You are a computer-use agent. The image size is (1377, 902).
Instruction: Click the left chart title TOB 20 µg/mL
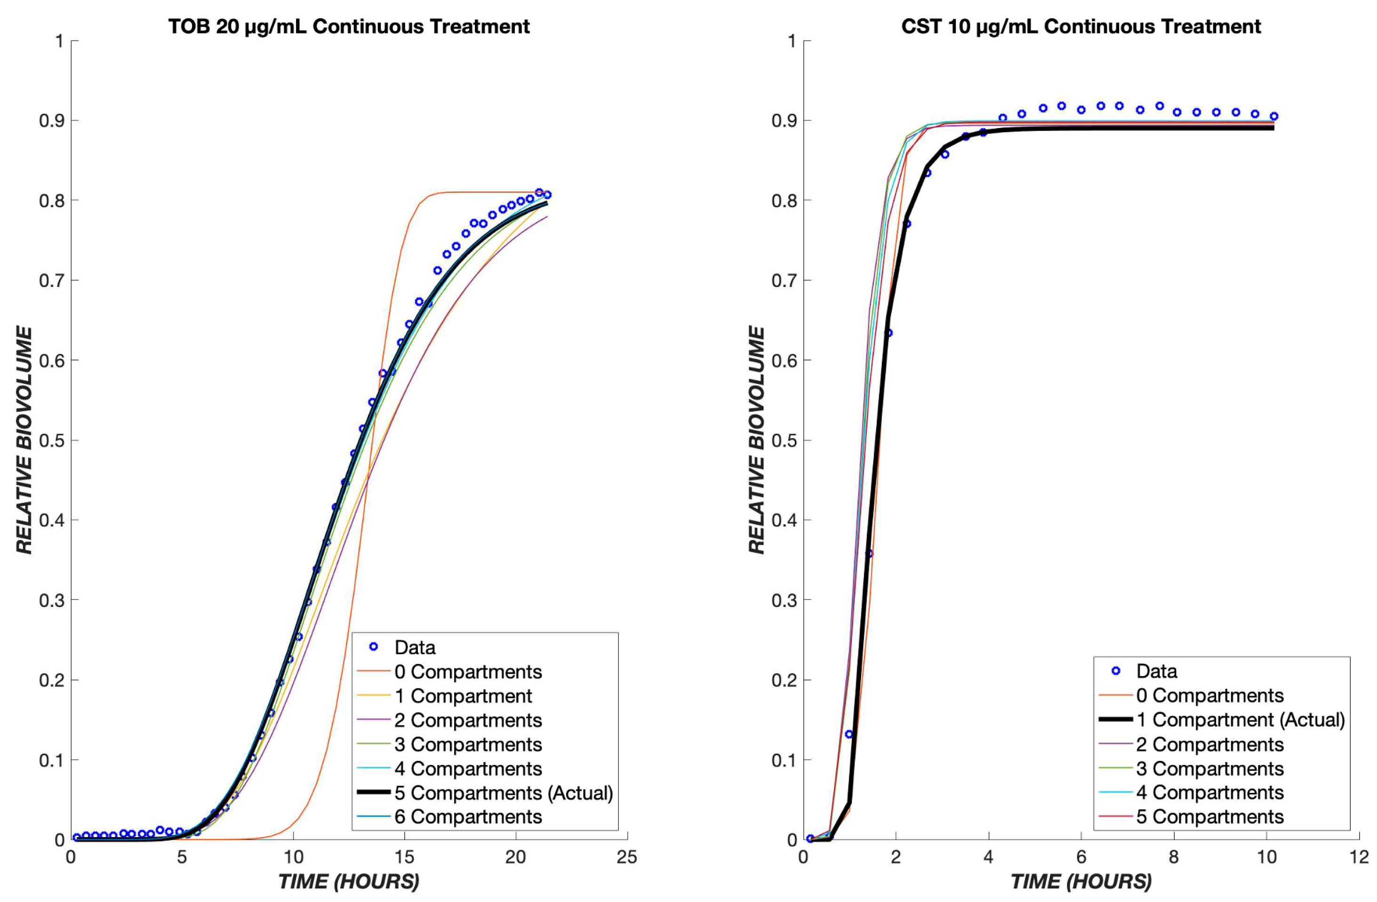pos(348,27)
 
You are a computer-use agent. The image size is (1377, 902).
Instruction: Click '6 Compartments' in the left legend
pos(467,816)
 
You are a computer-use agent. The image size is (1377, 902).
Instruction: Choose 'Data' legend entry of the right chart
pos(1156,671)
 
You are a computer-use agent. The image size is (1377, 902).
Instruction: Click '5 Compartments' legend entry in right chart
pos(1209,816)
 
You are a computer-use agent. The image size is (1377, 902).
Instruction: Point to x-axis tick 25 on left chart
pos(626,857)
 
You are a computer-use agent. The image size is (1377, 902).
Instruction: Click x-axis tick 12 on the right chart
pos(1359,857)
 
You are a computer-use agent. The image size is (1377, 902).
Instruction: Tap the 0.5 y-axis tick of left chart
pos(51,440)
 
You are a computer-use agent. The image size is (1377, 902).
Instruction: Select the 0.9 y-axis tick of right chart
pos(784,120)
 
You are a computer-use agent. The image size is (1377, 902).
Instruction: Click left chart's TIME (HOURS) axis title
pos(348,881)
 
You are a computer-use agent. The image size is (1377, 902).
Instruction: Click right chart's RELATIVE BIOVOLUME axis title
pos(756,440)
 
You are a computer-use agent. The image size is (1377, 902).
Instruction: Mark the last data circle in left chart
pos(547,195)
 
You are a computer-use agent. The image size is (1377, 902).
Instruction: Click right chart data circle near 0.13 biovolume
pos(849,734)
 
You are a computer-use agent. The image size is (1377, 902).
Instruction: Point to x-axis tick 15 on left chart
pos(404,857)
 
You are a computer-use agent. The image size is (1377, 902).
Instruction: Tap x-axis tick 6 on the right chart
pos(1081,857)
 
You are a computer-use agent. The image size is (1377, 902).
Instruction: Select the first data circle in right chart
pos(810,838)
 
